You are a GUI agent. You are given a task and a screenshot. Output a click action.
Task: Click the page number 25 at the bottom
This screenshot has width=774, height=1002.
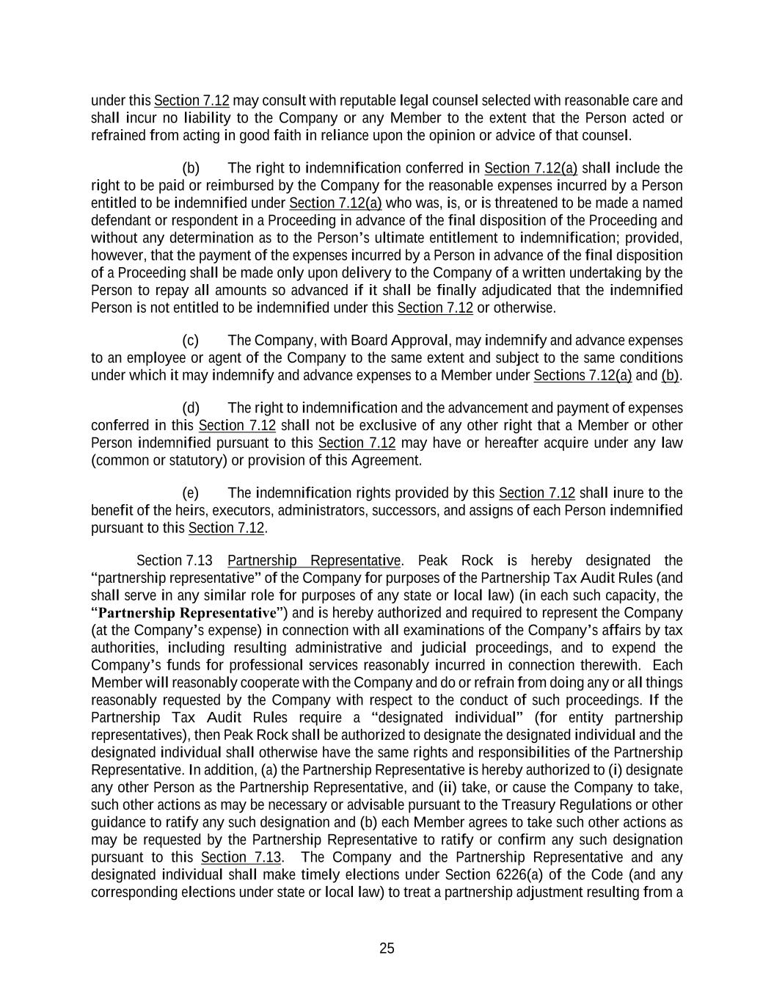[x=387, y=948]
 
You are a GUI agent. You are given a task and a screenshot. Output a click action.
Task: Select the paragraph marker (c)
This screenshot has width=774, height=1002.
[x=191, y=341]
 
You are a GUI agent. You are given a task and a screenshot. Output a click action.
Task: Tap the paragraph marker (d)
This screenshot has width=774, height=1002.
[x=191, y=408]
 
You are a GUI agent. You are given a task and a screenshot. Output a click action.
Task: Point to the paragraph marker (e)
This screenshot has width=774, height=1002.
[x=191, y=493]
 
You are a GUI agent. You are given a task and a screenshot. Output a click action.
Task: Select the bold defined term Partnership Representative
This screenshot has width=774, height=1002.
[x=187, y=613]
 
